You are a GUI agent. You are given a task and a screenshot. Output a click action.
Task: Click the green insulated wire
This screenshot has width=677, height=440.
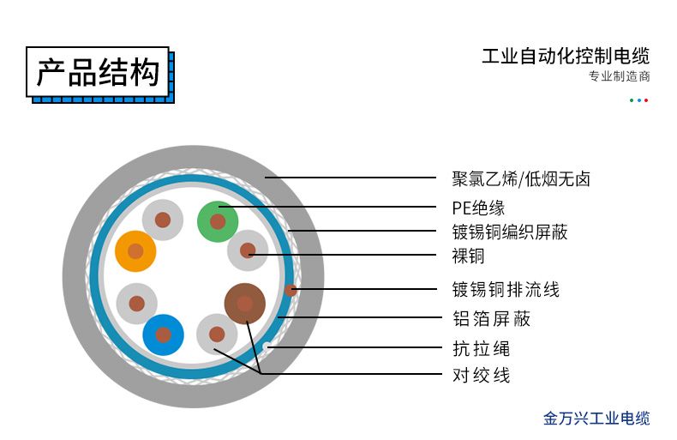click(218, 222)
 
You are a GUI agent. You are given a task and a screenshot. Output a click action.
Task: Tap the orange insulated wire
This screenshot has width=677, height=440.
click(135, 251)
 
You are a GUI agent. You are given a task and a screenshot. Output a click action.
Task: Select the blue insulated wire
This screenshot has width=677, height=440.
click(163, 335)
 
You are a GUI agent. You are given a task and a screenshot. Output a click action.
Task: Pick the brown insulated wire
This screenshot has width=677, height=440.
click(245, 304)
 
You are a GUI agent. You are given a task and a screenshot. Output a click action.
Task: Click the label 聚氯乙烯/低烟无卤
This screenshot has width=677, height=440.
click(521, 179)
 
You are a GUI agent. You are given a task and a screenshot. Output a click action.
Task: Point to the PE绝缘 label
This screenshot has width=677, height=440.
click(478, 208)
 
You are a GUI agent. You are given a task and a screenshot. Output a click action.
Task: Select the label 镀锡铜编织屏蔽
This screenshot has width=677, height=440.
click(510, 232)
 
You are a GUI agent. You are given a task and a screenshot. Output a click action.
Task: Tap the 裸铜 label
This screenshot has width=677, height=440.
click(468, 256)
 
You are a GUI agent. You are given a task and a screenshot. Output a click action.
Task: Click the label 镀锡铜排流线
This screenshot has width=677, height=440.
click(506, 289)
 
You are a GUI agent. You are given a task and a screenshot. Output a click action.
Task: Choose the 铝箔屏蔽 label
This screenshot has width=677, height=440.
click(491, 318)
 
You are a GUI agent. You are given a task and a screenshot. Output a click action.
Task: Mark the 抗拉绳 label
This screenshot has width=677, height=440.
click(482, 348)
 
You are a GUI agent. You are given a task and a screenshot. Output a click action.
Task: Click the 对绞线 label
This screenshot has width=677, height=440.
click(482, 375)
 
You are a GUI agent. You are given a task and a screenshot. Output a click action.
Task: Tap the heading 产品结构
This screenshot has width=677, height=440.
click(98, 72)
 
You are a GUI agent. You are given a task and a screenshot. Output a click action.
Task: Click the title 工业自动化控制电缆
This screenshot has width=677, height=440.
click(566, 57)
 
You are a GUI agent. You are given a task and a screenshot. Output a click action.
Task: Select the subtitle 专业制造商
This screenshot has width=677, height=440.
click(619, 76)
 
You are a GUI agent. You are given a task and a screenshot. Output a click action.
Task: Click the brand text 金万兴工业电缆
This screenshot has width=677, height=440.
click(596, 419)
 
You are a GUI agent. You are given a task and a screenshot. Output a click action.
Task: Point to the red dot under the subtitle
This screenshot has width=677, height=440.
click(646, 100)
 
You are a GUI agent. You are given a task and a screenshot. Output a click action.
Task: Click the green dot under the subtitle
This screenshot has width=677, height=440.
click(632, 100)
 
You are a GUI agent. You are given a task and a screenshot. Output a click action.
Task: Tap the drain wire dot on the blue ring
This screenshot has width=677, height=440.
click(291, 290)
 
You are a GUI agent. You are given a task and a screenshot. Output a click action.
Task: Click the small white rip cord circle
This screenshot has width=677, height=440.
click(267, 346)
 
